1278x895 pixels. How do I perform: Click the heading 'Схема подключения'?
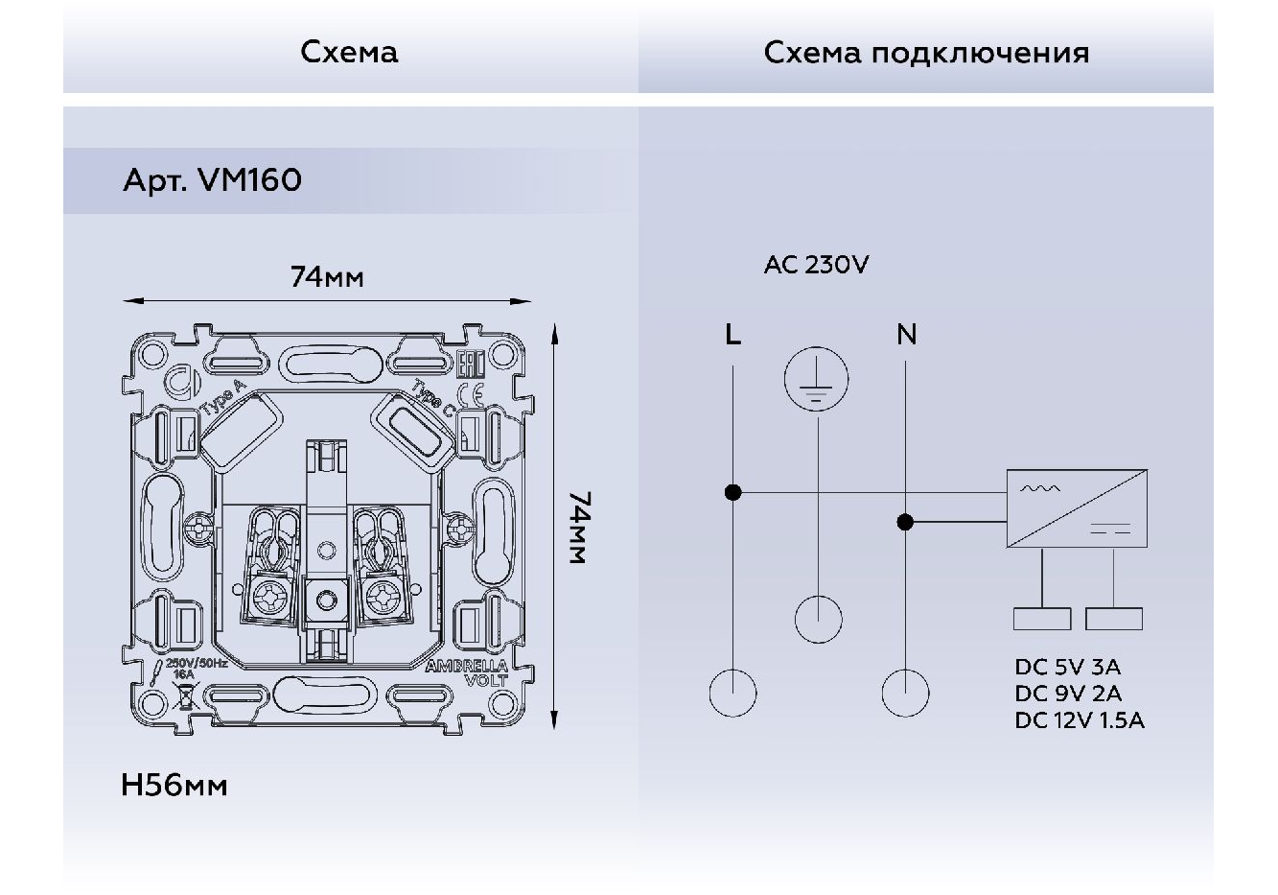926,52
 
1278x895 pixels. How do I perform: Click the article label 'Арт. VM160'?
212,180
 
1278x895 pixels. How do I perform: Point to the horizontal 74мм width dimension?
327,278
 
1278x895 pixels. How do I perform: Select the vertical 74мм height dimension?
578,528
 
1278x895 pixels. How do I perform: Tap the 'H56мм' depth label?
174,786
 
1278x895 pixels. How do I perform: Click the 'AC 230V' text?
816,265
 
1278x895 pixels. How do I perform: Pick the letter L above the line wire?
732,335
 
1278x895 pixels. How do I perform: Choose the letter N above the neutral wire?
906,335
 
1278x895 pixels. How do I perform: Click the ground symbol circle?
817,380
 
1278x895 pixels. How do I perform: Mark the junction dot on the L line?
732,493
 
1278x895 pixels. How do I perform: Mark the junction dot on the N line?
905,523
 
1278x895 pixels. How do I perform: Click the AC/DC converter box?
1077,508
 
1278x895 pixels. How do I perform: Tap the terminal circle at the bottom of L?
732,693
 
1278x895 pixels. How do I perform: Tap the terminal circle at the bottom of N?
905,693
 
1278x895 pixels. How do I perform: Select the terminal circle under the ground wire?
818,619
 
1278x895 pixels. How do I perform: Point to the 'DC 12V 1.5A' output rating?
1080,720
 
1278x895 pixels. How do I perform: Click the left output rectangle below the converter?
1042,619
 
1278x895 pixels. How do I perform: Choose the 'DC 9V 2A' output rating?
1068,694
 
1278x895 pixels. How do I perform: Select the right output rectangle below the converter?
1114,619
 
